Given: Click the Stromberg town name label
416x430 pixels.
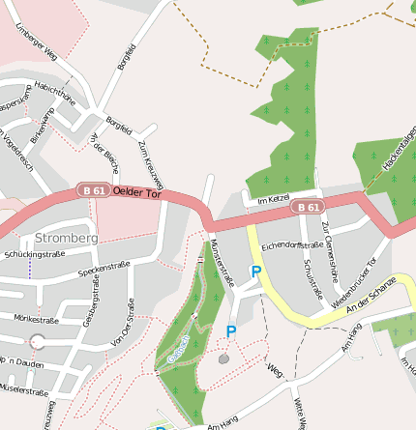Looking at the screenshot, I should tap(66, 237).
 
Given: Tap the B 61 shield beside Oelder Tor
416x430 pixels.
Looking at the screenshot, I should tap(94, 191).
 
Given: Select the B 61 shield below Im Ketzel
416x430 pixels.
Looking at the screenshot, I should tap(308, 207).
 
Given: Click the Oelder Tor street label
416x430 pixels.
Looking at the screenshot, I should tap(136, 193).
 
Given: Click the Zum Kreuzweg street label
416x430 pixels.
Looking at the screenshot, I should tap(152, 163).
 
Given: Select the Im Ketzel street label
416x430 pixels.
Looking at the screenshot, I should tap(274, 199).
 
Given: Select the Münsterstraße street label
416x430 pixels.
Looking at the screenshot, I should tap(223, 264).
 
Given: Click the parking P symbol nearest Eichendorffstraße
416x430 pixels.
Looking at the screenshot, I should tap(256, 272).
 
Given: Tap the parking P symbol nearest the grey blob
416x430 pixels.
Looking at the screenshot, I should tap(231, 331).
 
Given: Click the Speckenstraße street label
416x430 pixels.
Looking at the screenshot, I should tap(104, 269).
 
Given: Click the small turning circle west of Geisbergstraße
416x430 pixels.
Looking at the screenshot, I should tap(37, 341).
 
